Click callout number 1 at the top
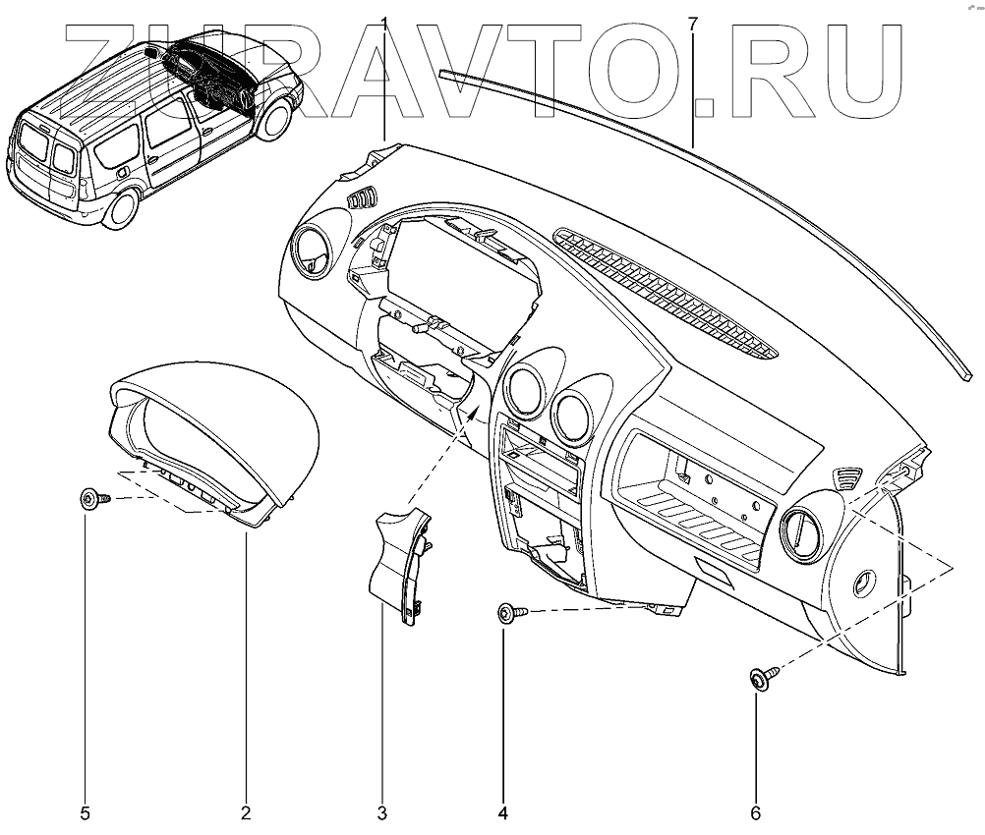[384, 22]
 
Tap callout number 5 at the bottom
[86, 812]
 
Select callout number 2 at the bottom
[245, 812]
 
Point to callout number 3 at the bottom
[381, 812]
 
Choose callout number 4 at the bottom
[502, 812]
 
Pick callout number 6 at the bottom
[756, 812]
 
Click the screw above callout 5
[91, 500]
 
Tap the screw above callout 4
[510, 614]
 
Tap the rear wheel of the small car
[120, 208]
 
